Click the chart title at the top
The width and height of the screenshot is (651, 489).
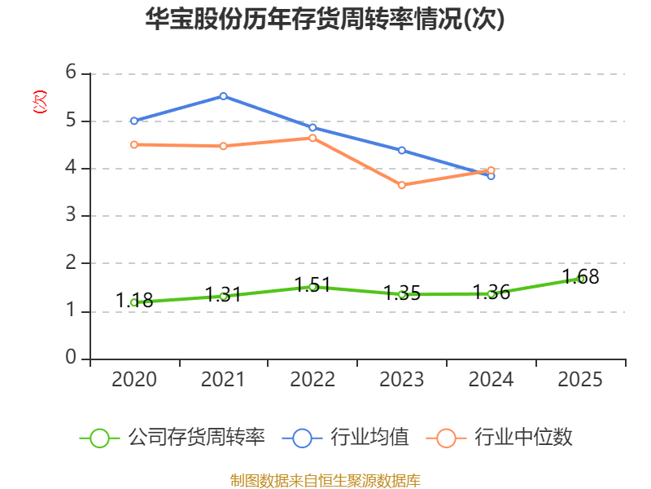(x=325, y=20)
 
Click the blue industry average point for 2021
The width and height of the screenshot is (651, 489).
(x=223, y=96)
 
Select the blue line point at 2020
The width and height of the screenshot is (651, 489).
(x=133, y=121)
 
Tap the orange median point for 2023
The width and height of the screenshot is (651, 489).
(x=402, y=185)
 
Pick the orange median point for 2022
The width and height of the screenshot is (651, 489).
(x=312, y=138)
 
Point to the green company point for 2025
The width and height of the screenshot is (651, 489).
(x=580, y=279)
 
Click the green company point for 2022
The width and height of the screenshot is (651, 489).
(x=312, y=287)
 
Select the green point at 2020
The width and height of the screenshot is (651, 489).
(x=133, y=302)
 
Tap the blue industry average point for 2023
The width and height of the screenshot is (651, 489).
(x=402, y=150)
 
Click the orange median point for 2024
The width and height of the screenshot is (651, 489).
(x=492, y=170)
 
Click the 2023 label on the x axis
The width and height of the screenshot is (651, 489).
(x=402, y=380)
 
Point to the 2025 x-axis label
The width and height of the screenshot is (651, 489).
(x=580, y=380)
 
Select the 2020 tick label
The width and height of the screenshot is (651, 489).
(x=133, y=380)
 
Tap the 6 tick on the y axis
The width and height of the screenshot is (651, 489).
(x=71, y=73)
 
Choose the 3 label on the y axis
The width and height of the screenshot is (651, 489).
(x=71, y=216)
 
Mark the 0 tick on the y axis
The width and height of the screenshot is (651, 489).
(x=71, y=359)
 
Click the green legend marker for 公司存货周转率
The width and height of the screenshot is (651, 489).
(x=99, y=438)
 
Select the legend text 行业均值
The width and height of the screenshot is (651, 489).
(x=369, y=438)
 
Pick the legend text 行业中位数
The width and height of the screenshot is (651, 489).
(x=523, y=438)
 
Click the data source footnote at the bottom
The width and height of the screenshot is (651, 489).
(x=325, y=480)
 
